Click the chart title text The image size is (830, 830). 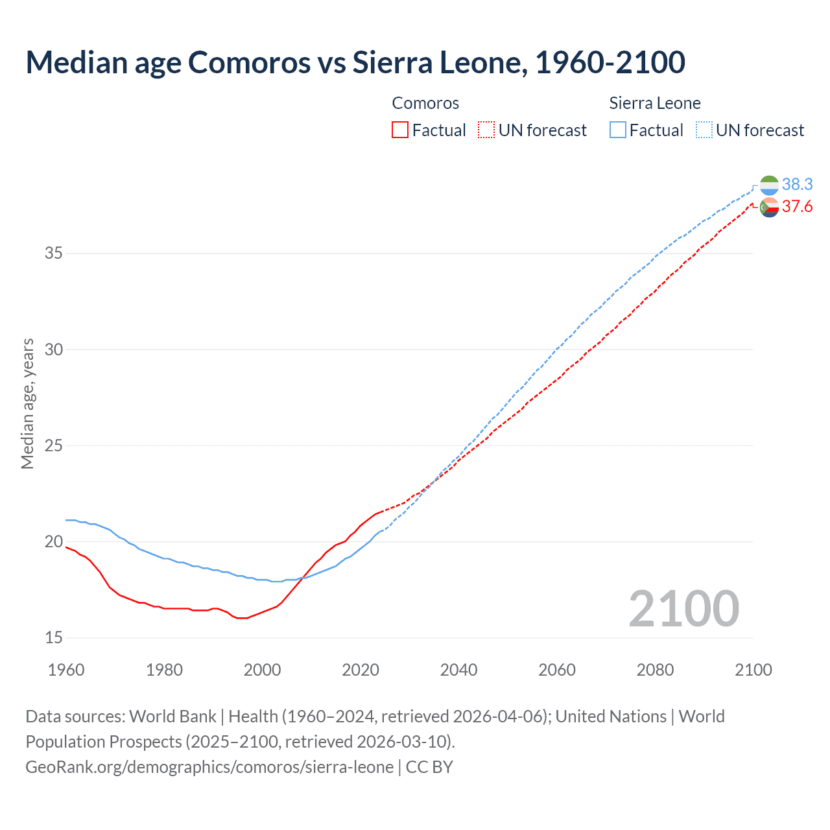pyautogui.click(x=355, y=62)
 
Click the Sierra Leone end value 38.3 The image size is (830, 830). pyautogui.click(x=797, y=185)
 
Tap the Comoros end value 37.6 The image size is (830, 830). pyautogui.click(x=797, y=206)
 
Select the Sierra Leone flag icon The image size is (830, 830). pyautogui.click(x=769, y=185)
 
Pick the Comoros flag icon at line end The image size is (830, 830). pyautogui.click(x=769, y=207)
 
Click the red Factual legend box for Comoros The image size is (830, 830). pyautogui.click(x=400, y=130)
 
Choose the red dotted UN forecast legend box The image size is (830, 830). pyautogui.click(x=486, y=130)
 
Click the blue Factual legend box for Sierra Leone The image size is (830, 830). pyautogui.click(x=618, y=130)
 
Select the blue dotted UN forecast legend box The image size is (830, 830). pyautogui.click(x=704, y=130)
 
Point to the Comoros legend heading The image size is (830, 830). pyautogui.click(x=425, y=103)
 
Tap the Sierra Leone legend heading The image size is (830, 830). pyautogui.click(x=655, y=103)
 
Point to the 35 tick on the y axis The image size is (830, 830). pyautogui.click(x=53, y=253)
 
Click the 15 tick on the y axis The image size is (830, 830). pyautogui.click(x=53, y=637)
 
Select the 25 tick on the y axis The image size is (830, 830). pyautogui.click(x=53, y=445)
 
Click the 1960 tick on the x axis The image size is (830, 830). pyautogui.click(x=66, y=670)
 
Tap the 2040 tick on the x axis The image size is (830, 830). pyautogui.click(x=458, y=670)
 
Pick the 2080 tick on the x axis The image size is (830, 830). pyautogui.click(x=655, y=670)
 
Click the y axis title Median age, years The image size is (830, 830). pyautogui.click(x=27, y=403)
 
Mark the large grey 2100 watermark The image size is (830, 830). pyautogui.click(x=683, y=608)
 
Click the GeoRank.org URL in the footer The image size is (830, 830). pyautogui.click(x=209, y=767)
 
